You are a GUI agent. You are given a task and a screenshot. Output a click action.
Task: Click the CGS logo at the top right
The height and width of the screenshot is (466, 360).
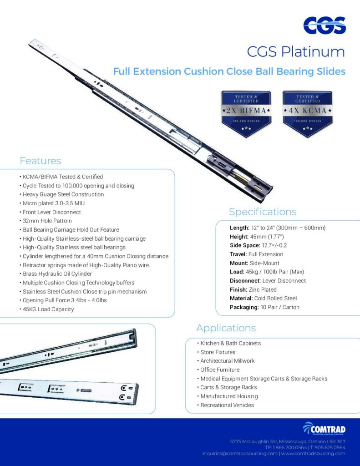click(x=324, y=25)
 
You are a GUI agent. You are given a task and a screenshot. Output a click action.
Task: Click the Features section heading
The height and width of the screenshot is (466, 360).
click(x=40, y=161)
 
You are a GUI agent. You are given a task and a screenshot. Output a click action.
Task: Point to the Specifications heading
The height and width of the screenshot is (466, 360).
click(x=263, y=212)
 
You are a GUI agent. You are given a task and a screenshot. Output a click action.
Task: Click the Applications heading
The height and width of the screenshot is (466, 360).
click(x=226, y=328)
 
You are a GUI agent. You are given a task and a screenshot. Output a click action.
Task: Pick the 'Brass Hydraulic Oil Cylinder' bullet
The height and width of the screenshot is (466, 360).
click(x=57, y=274)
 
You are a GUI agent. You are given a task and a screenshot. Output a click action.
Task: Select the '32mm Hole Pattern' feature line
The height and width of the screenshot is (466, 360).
click(x=47, y=221)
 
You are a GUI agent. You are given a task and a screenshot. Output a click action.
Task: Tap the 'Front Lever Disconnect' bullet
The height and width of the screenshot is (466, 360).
click(x=52, y=212)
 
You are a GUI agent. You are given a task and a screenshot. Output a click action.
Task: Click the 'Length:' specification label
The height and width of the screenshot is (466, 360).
click(x=239, y=228)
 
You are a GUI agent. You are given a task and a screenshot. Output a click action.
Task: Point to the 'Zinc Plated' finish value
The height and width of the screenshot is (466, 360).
click(x=263, y=289)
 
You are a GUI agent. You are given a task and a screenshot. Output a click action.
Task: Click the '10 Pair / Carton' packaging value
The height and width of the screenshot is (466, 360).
click(x=274, y=307)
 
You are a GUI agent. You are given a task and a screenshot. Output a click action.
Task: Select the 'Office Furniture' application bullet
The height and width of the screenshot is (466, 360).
click(x=220, y=370)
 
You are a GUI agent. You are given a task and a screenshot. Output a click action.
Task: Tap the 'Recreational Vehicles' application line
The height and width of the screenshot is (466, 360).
click(x=227, y=405)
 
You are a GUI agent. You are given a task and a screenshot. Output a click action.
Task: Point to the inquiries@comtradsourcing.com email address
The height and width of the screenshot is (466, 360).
click(x=240, y=453)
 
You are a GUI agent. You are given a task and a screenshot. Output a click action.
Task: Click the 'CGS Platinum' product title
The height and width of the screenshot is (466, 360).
click(x=296, y=52)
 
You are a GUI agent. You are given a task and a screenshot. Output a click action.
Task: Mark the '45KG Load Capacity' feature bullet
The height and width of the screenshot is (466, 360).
click(x=48, y=309)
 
